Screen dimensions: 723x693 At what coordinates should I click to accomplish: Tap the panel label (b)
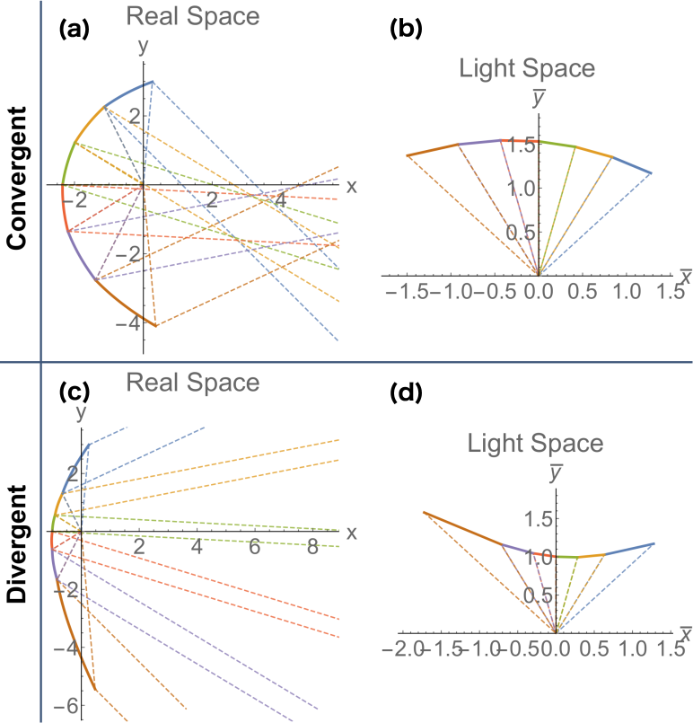coord(406,29)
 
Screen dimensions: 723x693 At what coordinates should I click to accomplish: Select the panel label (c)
coord(73,392)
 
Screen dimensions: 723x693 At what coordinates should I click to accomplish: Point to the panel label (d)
coord(406,392)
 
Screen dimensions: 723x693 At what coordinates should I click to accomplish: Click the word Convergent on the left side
coord(17,179)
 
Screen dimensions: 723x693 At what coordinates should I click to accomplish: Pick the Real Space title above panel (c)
coord(193,383)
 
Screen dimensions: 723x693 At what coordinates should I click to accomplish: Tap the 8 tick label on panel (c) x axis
coord(311,548)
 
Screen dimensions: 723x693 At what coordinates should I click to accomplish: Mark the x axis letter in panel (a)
coord(351,187)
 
